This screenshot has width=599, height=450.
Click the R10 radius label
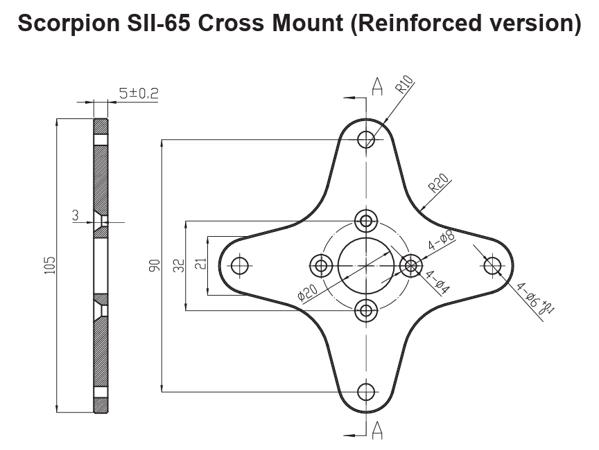[404, 86]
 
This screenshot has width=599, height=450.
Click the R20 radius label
[438, 183]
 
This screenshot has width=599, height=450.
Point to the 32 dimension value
[179, 266]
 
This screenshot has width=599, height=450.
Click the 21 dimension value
[201, 266]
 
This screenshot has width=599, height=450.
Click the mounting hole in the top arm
[366, 138]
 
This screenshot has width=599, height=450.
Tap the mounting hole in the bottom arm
[366, 392]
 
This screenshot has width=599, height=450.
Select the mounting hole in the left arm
[240, 265]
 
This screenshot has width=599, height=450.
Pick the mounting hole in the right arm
[492, 265]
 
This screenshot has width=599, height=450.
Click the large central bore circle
[366, 265]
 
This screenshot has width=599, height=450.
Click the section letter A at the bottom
[379, 431]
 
